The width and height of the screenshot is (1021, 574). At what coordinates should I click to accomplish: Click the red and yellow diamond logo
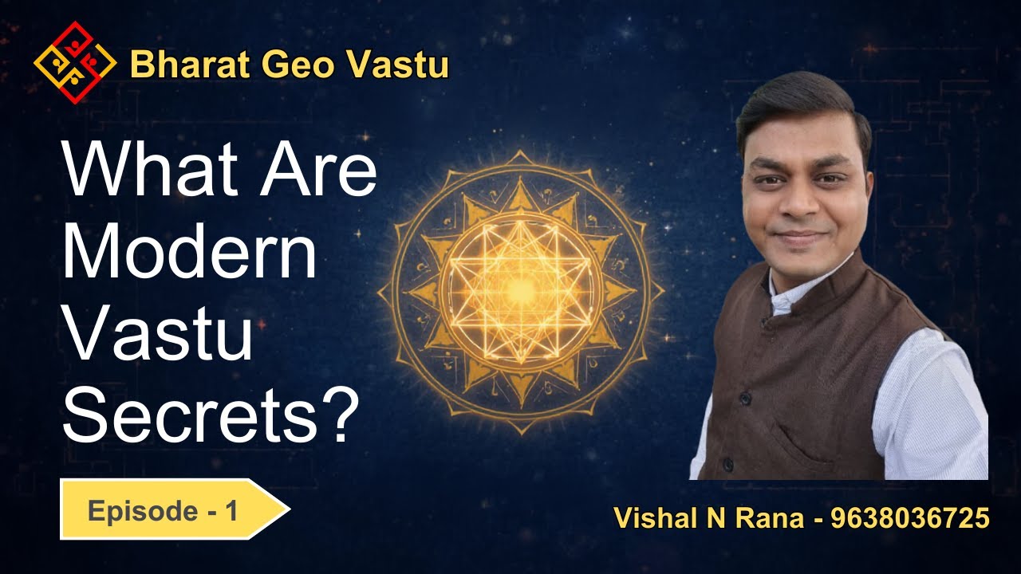[x=75, y=63]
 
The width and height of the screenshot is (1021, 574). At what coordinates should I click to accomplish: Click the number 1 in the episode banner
[x=231, y=510]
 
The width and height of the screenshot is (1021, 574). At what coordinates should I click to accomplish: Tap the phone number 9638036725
[x=910, y=519]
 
